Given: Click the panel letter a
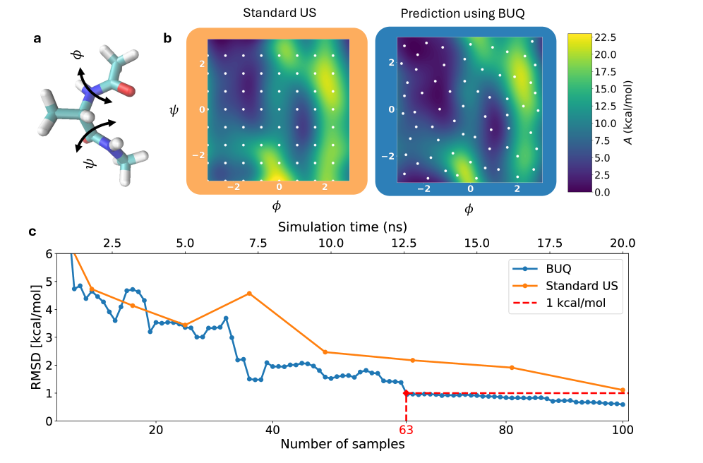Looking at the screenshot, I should pos(37,39).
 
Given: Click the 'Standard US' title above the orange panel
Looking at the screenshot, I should pos(277,13).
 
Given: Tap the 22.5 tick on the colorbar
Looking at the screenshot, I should pos(606,37).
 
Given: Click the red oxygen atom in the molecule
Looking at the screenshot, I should pos(127,88).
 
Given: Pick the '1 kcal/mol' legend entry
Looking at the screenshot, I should pos(575,303).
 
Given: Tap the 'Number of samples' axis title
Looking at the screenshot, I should pos(342,445).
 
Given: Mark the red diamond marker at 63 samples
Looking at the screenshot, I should pos(406,393).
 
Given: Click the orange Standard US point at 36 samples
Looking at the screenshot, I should pos(249,293).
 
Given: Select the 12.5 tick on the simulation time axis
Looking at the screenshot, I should pos(404,243).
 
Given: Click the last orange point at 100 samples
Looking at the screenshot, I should pos(622,390).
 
